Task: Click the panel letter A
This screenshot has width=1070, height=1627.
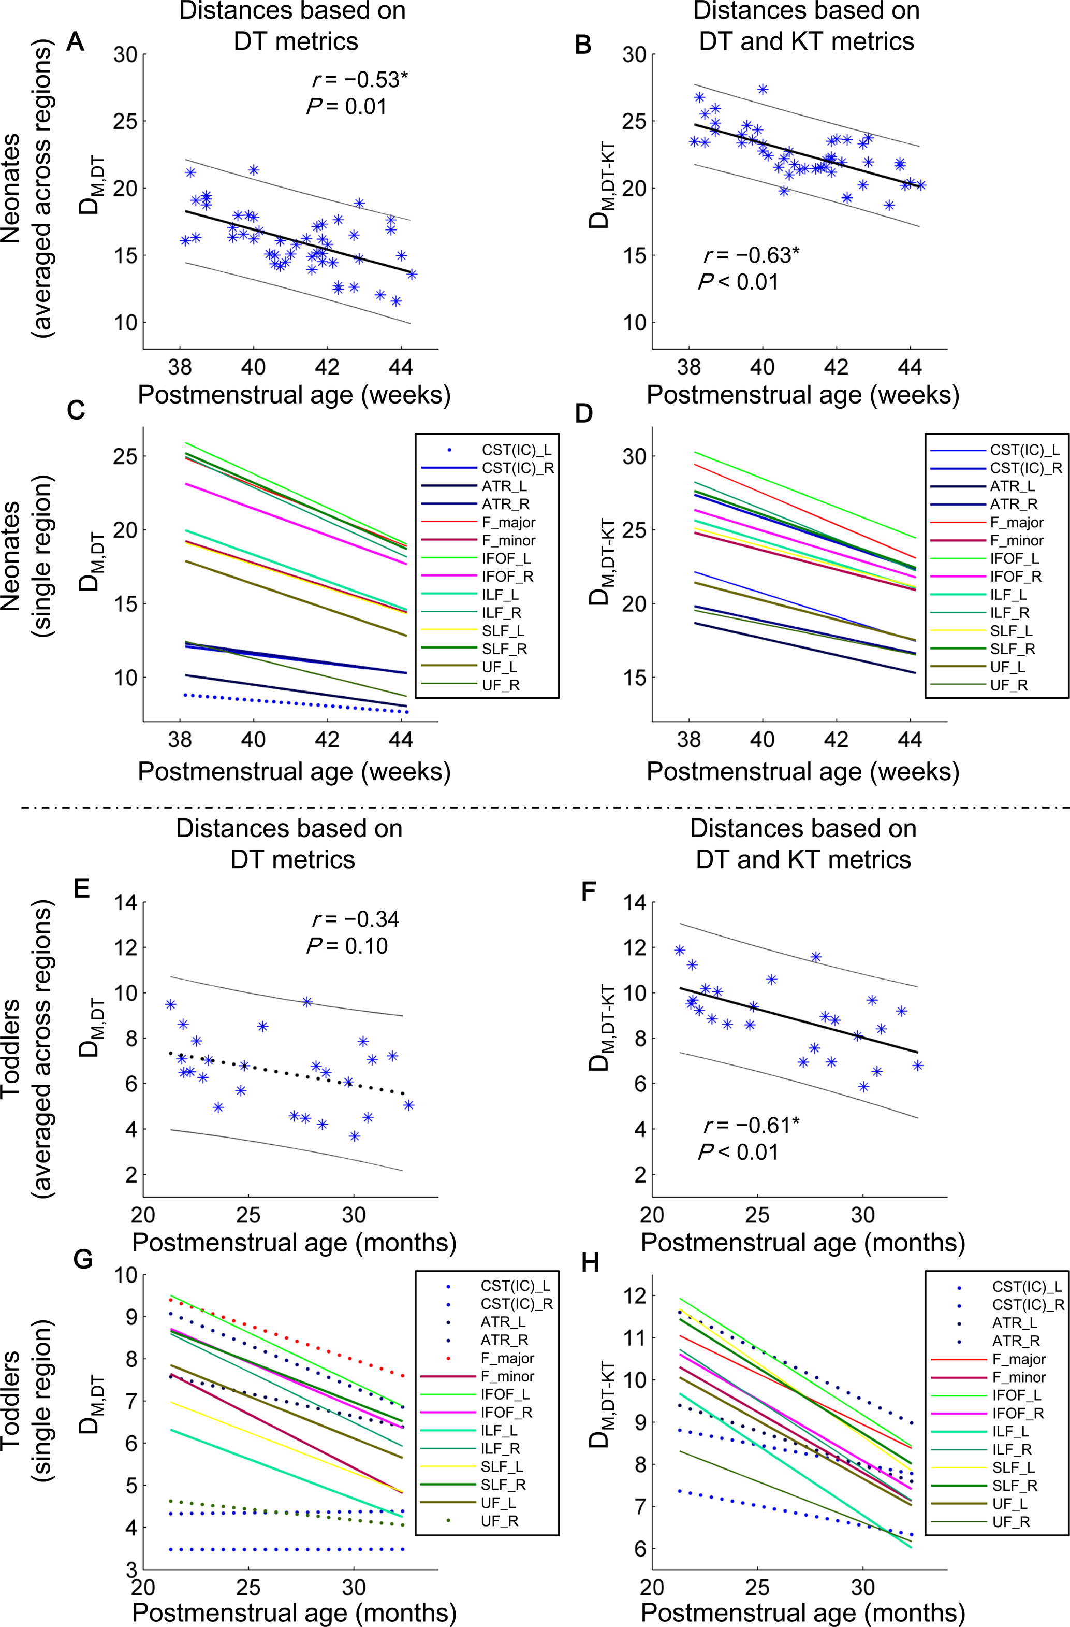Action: click(75, 42)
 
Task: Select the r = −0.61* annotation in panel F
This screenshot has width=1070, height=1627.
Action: click(750, 1125)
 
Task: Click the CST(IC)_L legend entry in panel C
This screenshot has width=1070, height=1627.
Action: click(517, 450)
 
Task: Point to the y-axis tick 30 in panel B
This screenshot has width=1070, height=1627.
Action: click(635, 55)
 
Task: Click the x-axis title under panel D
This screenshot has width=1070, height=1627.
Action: click(803, 771)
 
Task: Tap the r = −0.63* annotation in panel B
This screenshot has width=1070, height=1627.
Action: click(750, 255)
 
